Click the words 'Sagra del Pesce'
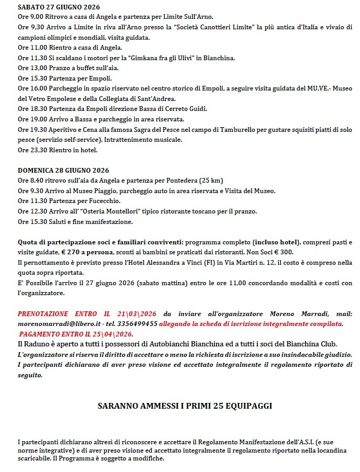155,129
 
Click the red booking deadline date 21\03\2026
130,314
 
